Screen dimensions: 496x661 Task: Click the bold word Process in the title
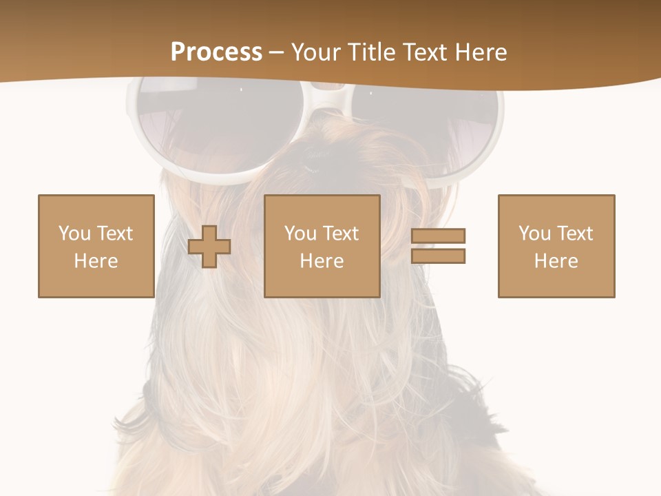pos(216,52)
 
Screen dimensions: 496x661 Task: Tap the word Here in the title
pos(480,52)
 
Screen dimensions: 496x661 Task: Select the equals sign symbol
pos(438,246)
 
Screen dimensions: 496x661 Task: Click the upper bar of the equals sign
pos(438,236)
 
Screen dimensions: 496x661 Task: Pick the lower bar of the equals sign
pos(438,256)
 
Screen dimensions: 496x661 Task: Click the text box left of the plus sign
pos(96,246)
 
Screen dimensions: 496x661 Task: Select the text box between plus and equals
pos(322,246)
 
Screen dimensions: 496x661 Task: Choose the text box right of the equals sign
pos(556,246)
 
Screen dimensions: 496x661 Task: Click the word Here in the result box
pos(556,261)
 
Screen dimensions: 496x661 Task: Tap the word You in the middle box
pos(300,234)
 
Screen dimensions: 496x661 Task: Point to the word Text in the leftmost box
pos(114,234)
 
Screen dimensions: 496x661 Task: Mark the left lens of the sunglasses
pos(207,127)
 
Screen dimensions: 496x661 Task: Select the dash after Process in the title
pos(277,53)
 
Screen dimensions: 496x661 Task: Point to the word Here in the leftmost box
pos(96,261)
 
